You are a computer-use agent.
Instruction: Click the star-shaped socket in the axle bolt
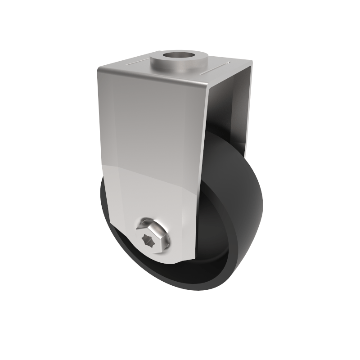[x=150, y=238]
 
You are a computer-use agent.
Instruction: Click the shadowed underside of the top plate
[x=225, y=83]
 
